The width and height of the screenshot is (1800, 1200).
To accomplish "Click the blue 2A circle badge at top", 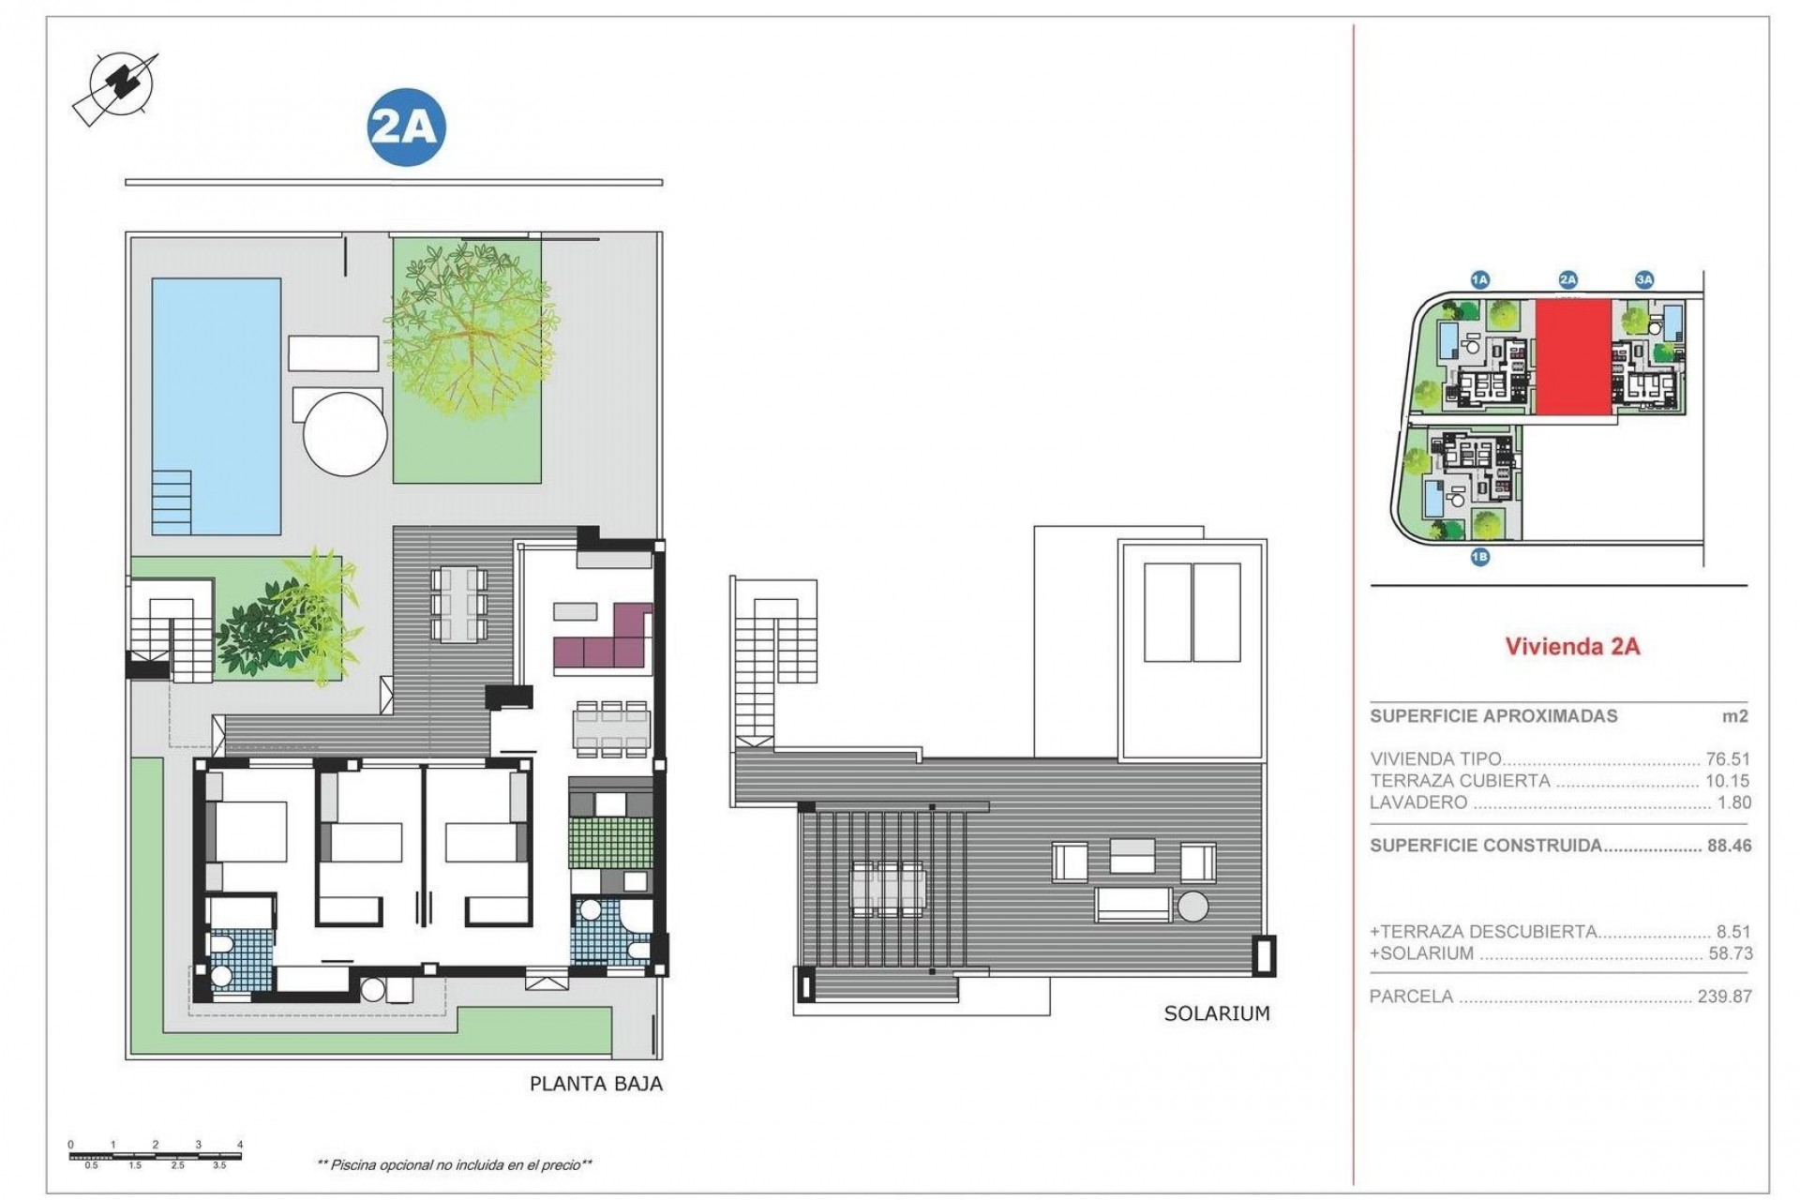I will click(x=405, y=127).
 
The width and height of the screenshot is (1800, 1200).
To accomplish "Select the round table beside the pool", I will click(x=345, y=436).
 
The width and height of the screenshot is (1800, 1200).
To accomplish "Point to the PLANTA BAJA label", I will click(x=595, y=1084).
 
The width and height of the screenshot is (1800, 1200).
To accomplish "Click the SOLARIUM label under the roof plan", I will click(x=1216, y=1013).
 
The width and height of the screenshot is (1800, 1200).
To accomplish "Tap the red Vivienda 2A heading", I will click(x=1572, y=646).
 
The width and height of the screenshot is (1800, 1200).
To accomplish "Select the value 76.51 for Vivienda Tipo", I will click(x=1728, y=759).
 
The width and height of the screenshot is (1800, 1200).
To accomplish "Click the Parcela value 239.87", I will click(x=1724, y=997).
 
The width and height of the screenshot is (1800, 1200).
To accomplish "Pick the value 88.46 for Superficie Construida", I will click(x=1729, y=846).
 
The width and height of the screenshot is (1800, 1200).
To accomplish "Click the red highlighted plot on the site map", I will click(x=1572, y=369).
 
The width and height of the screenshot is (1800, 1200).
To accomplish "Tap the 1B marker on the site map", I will click(x=1479, y=557).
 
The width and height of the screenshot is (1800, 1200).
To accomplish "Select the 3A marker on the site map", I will click(x=1643, y=279).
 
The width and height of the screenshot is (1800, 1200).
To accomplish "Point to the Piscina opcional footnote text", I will click(x=455, y=1165).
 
